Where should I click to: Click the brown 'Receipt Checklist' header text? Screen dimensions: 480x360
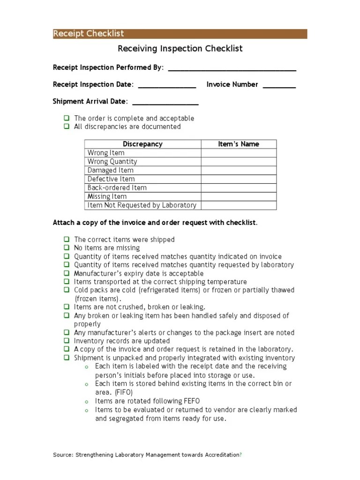click(89, 34)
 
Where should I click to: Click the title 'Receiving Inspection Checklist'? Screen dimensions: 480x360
click(180, 49)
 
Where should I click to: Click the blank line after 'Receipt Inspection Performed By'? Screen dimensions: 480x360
click(232, 69)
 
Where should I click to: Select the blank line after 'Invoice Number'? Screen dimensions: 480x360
click(279, 86)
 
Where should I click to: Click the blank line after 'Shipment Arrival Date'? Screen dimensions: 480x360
click(165, 103)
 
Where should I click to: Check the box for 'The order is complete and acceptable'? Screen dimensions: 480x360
click(67, 119)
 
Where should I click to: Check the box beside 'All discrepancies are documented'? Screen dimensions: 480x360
click(67, 127)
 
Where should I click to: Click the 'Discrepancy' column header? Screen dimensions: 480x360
click(142, 144)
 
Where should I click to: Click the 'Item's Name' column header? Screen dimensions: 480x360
click(239, 144)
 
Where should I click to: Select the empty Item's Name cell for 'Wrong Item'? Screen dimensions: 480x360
click(239, 153)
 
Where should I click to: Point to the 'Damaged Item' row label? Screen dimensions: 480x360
click(111, 171)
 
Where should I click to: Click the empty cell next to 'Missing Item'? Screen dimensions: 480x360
click(239, 197)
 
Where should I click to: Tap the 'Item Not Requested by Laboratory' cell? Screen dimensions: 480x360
click(142, 205)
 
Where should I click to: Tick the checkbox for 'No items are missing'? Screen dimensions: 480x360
click(67, 248)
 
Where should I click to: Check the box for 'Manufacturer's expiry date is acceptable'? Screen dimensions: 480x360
click(67, 273)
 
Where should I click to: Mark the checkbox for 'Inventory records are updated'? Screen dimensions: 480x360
click(67, 341)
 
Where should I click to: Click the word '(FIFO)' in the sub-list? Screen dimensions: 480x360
click(124, 392)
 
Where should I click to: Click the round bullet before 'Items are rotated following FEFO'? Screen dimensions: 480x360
click(86, 402)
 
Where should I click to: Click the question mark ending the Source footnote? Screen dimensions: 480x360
click(241, 455)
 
